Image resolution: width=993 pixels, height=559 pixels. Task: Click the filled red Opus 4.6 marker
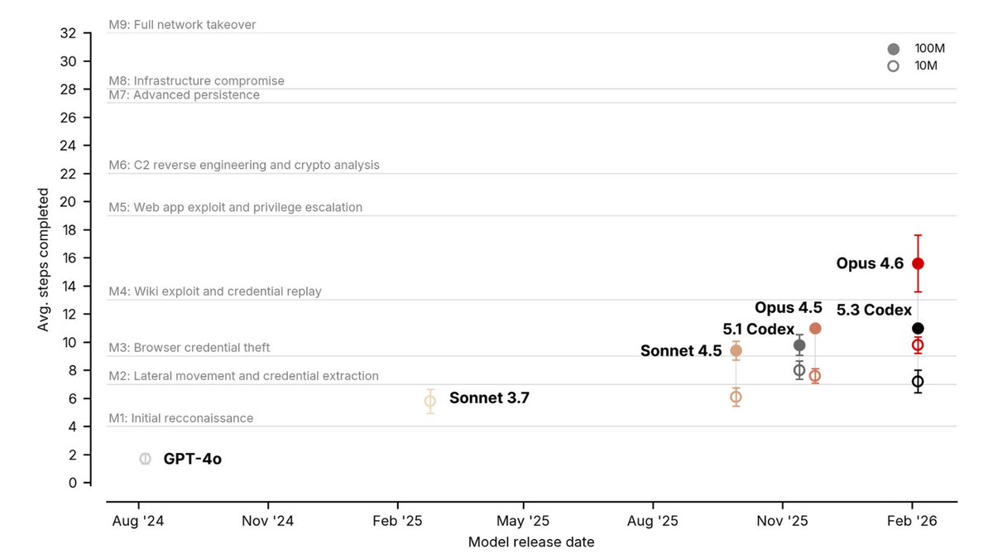click(918, 263)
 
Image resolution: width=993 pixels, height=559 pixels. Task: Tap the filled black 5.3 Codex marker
click(918, 328)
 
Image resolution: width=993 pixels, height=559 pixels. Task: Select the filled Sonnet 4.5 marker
click(736, 351)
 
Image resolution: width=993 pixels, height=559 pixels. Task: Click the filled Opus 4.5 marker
click(815, 328)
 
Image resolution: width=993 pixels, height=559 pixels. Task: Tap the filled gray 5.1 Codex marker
click(799, 345)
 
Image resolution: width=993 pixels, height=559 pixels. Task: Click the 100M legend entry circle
click(893, 49)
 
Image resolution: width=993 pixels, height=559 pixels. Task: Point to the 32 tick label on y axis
click(68, 33)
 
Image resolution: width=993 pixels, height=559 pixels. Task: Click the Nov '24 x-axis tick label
click(268, 521)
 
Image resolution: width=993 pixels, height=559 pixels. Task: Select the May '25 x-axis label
click(523, 521)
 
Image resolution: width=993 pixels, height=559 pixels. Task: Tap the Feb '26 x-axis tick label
click(912, 521)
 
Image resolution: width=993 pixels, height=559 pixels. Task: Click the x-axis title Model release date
click(531, 542)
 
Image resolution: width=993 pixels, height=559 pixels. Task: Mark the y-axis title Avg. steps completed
click(42, 259)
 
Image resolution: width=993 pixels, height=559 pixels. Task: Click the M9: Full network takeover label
click(182, 25)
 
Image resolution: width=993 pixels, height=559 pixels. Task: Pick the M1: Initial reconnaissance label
click(181, 418)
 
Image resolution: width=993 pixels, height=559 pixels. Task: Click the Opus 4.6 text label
click(870, 263)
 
